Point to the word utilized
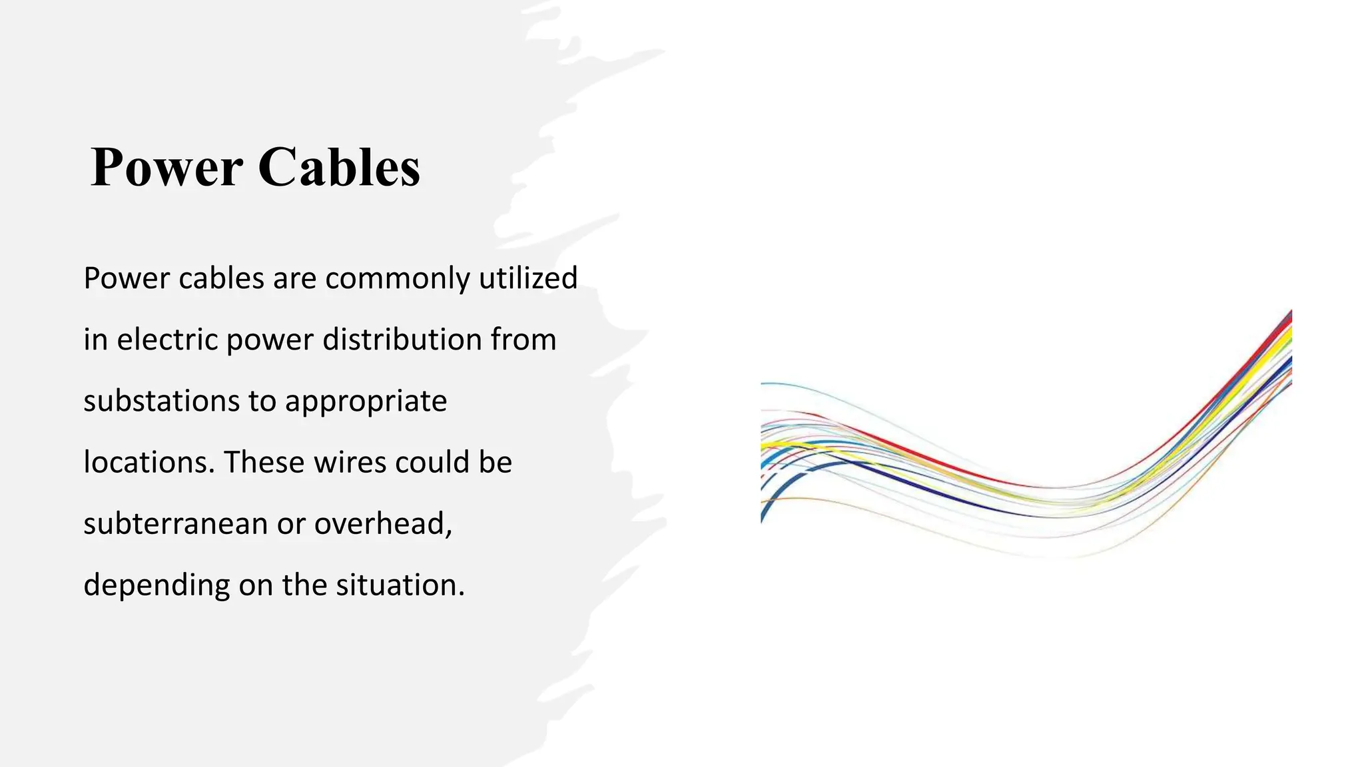click(528, 278)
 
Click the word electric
click(168, 340)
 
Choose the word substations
click(161, 401)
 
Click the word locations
click(149, 462)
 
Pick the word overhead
click(383, 523)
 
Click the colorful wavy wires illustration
click(1026, 459)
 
